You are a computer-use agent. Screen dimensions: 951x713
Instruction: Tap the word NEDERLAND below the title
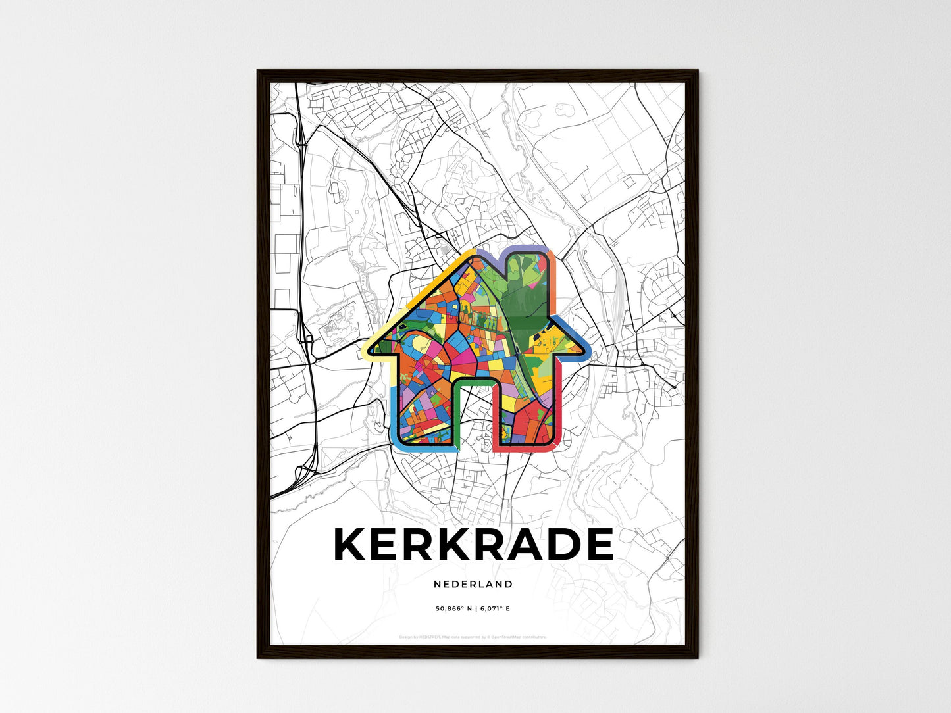point(473,584)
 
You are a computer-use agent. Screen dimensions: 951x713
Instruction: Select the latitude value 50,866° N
point(453,609)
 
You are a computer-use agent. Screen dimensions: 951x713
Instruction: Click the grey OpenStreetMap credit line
point(473,637)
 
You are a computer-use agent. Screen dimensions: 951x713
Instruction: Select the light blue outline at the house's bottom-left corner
point(397,441)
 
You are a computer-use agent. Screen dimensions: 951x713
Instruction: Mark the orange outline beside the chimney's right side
point(553,283)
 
